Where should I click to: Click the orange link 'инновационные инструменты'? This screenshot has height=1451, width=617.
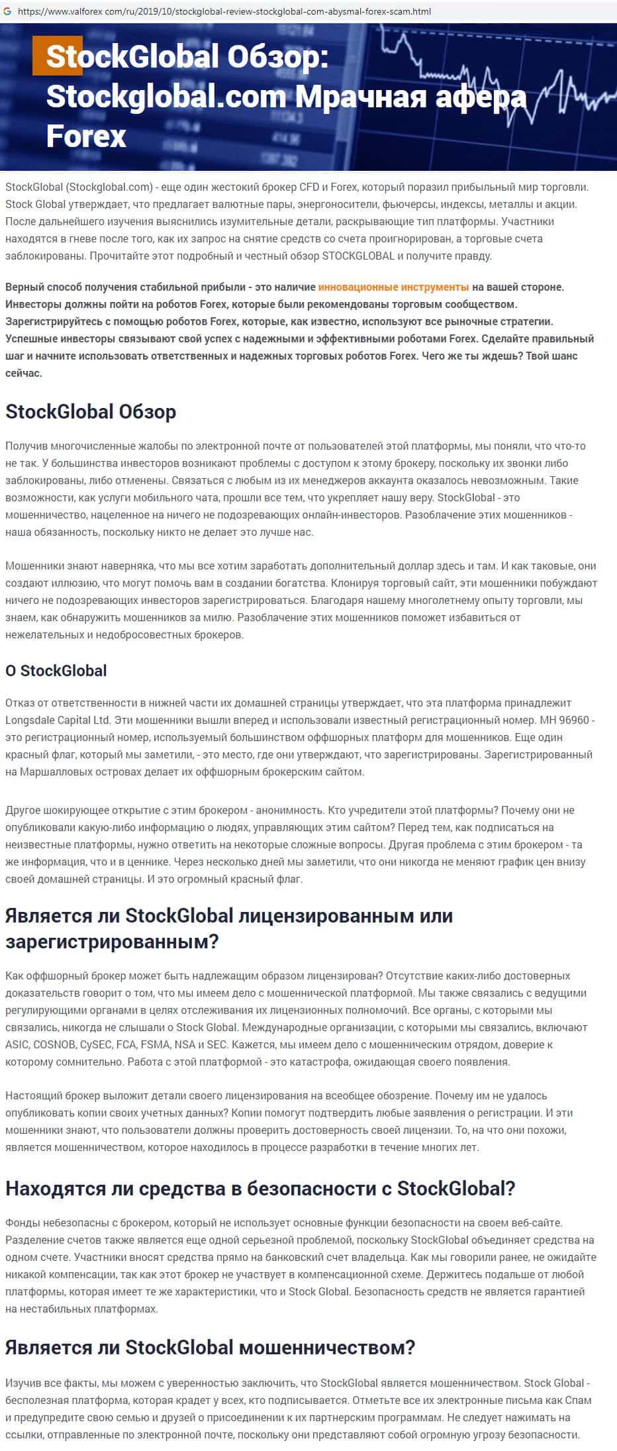tap(393, 287)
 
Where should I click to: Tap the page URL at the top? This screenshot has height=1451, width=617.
tap(225, 11)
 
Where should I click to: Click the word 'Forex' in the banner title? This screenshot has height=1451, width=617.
tap(86, 136)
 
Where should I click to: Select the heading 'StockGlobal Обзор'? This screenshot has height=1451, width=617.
tap(91, 412)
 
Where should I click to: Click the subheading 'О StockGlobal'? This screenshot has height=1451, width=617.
tap(56, 671)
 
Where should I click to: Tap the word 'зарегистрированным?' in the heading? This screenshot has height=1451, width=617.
tap(112, 942)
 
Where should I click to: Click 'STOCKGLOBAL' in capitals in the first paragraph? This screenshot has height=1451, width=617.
tap(358, 256)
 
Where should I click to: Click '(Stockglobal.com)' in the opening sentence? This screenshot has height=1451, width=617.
tap(109, 187)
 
